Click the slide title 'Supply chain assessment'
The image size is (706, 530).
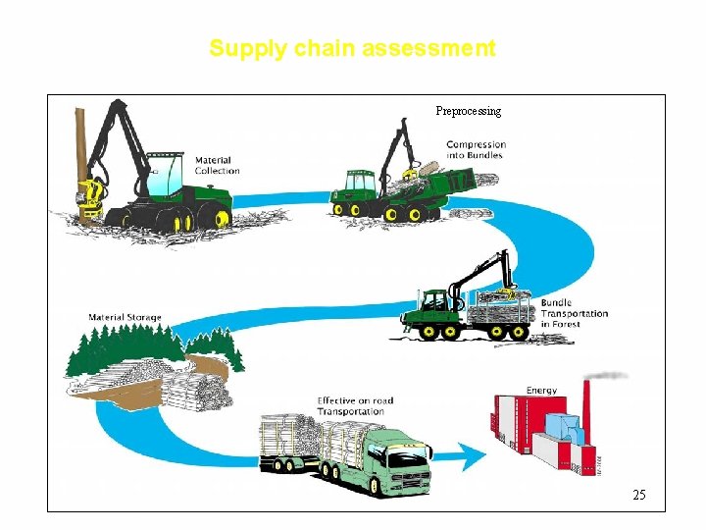pyautogui.click(x=352, y=48)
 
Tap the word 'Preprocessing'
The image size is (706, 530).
pyautogui.click(x=468, y=111)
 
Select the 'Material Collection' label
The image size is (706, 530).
pyautogui.click(x=217, y=165)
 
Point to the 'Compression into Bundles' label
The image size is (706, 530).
pyautogui.click(x=475, y=149)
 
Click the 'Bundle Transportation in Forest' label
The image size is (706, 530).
pyautogui.click(x=574, y=313)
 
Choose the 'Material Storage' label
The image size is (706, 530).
pyautogui.click(x=125, y=317)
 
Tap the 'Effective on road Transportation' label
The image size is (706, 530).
pyautogui.click(x=354, y=405)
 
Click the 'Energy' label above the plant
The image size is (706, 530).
pyautogui.click(x=541, y=390)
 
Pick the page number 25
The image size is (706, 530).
pyautogui.click(x=638, y=495)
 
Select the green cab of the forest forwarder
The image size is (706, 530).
pyautogui.click(x=430, y=305)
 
